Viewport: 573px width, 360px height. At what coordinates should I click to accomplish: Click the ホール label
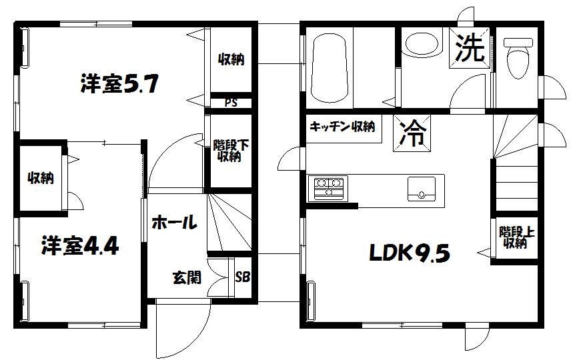(x=173, y=222)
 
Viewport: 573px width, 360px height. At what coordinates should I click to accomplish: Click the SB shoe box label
(x=242, y=276)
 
